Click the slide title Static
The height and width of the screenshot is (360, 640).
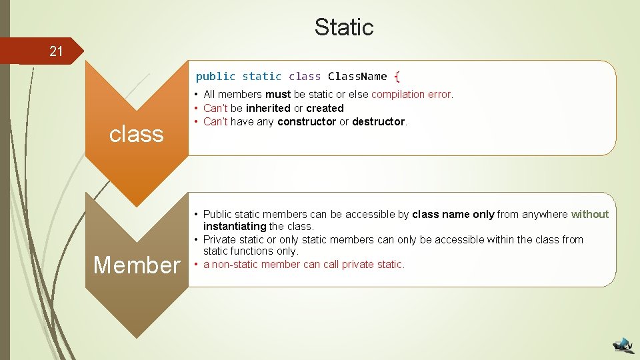pos(344,27)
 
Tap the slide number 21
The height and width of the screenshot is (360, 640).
pos(56,52)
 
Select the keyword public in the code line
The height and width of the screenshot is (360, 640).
pos(215,76)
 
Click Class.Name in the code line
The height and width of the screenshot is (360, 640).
pos(357,76)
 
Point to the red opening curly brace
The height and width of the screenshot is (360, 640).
pos(397,76)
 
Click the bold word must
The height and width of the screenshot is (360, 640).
pos(278,95)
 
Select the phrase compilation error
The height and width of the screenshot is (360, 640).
pos(412,95)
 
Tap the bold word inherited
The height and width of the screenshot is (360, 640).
pos(268,108)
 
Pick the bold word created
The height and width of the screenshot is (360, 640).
pos(325,108)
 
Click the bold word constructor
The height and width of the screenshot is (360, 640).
pos(307,121)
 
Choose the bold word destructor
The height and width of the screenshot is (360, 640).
pos(378,121)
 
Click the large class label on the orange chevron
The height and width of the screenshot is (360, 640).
pos(136,134)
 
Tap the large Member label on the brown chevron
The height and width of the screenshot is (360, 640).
pos(137,265)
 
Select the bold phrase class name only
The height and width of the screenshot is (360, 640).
pos(453,214)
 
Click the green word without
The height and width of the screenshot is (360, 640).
pos(590,214)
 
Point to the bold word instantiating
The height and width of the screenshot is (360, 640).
pos(235,226)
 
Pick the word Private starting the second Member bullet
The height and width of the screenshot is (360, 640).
pos(219,239)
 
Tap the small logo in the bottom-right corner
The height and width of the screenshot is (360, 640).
pos(623,345)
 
